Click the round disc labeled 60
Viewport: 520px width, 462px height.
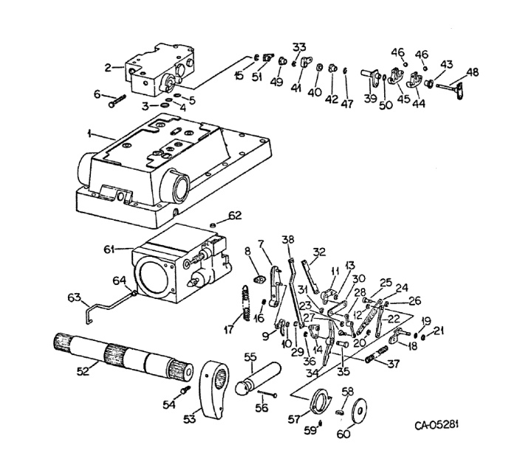(363, 412)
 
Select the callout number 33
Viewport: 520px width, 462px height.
(299, 46)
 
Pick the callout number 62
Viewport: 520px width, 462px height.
(235, 216)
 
